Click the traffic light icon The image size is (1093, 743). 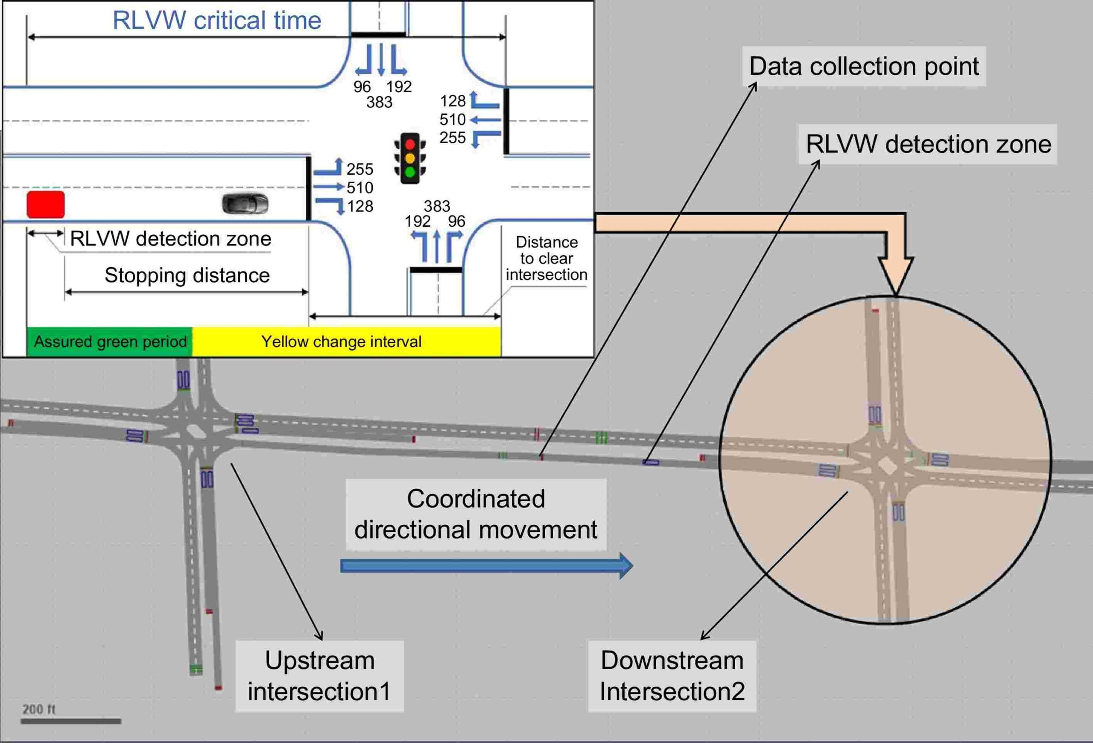click(409, 158)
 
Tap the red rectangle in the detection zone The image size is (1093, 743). click(46, 205)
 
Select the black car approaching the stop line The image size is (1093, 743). click(245, 204)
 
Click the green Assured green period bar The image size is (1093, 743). click(110, 342)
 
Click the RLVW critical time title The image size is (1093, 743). click(217, 20)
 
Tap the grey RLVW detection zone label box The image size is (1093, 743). click(928, 144)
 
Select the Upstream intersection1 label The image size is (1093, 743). click(319, 676)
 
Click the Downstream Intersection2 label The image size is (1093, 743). click(672, 676)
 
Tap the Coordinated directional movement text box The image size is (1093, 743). click(476, 515)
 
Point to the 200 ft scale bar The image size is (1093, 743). click(71, 721)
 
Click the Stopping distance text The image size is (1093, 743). click(187, 275)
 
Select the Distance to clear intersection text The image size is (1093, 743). click(546, 258)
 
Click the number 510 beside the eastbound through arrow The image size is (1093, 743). click(360, 187)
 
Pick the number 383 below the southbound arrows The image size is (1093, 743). click(379, 102)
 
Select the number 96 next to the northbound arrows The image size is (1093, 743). click(456, 221)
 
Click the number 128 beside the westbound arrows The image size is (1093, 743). click(453, 101)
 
